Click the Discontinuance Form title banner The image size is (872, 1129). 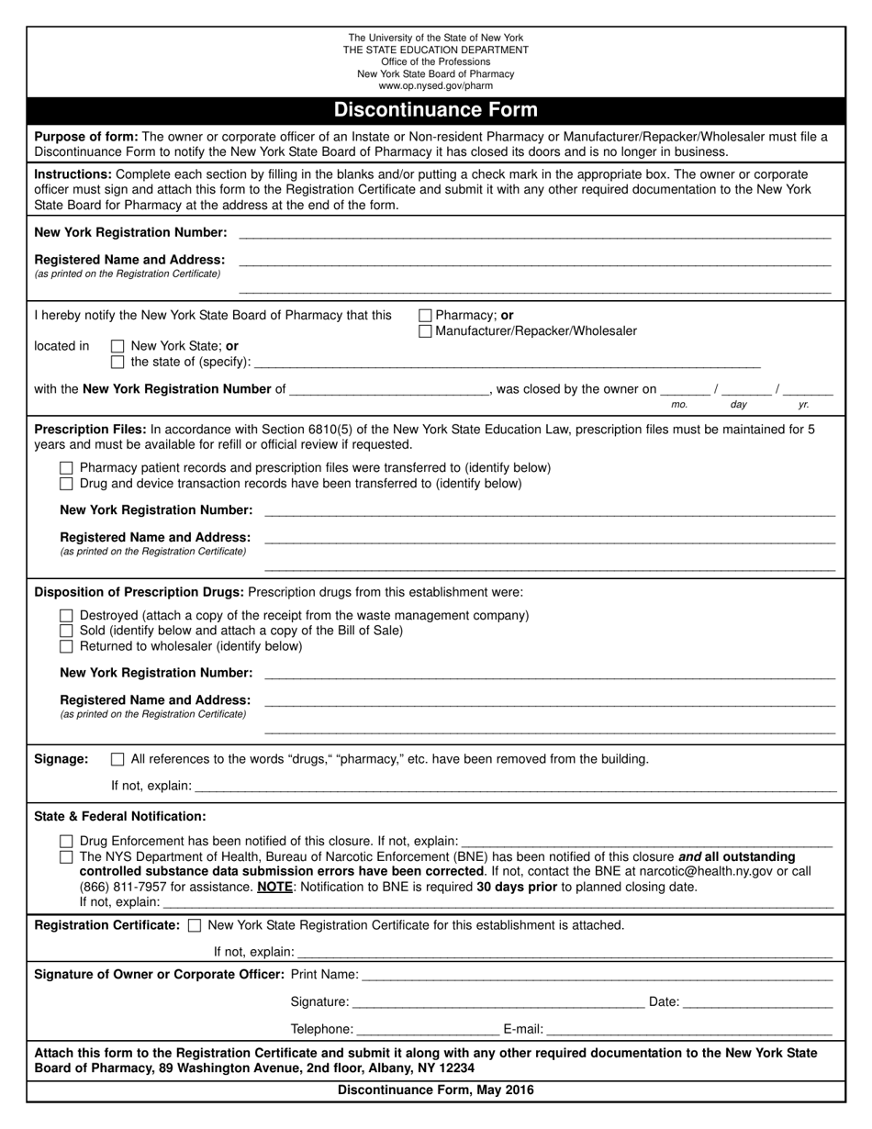coord(435,110)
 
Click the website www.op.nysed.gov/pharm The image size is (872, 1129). coord(435,86)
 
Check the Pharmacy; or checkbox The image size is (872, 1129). coord(425,316)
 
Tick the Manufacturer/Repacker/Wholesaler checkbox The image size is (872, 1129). coord(425,331)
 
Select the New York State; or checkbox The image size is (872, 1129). coord(117,347)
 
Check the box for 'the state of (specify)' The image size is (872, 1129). coord(117,362)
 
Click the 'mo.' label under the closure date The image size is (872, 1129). coord(679,404)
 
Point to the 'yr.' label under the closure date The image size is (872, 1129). coord(804,404)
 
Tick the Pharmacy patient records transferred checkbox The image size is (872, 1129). coord(66,468)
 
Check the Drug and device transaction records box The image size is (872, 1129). coord(66,484)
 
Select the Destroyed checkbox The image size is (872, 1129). coord(66,616)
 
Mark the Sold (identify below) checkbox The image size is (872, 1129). coord(66,631)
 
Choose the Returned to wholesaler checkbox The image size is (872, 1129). coord(66,646)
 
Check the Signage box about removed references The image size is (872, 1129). coord(117,759)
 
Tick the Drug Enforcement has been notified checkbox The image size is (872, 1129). coord(66,841)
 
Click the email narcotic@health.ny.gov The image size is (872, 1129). coord(694,871)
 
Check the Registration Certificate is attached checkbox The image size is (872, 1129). coord(194,925)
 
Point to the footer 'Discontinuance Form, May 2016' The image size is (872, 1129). coord(435,1090)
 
